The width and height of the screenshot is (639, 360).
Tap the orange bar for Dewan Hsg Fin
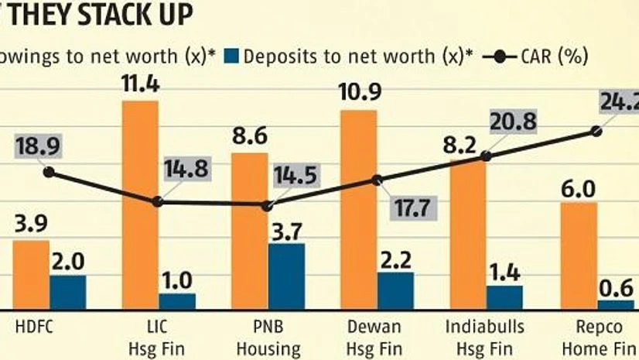359,209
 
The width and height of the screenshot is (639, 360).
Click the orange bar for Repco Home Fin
578,255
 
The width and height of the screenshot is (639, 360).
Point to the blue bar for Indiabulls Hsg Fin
504,297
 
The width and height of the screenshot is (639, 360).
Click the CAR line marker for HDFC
50,172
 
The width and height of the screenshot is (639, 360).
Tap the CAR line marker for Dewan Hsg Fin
378,180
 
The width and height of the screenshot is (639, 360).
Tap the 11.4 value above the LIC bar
141,84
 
